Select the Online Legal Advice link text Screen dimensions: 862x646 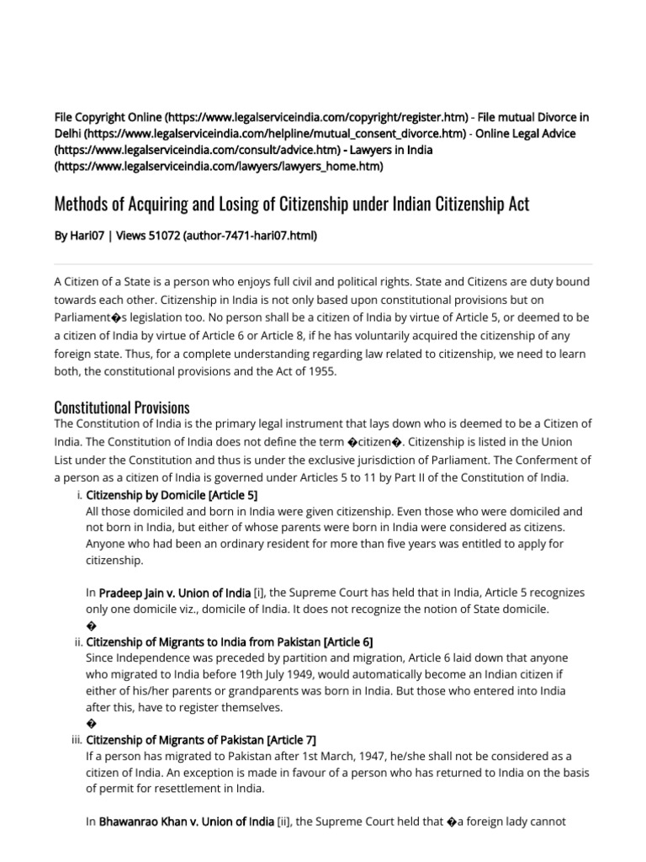pos(526,133)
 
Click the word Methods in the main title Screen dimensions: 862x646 pos(82,205)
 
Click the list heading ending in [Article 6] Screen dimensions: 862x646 pos(223,641)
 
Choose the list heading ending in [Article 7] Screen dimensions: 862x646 pos(201,739)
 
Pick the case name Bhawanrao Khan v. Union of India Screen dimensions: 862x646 pos(186,822)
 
